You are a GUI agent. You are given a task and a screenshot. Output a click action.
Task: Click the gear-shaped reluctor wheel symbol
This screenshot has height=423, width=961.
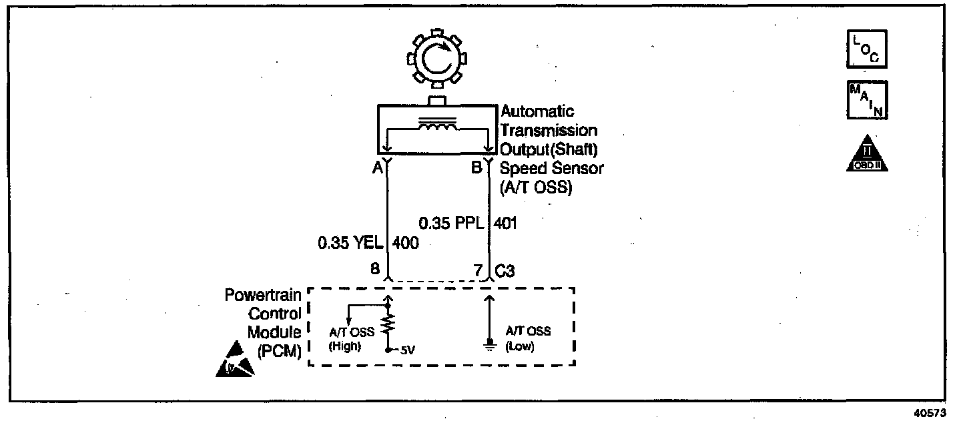point(437,61)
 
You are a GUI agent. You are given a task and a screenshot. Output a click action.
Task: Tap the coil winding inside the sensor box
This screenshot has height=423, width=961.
point(437,127)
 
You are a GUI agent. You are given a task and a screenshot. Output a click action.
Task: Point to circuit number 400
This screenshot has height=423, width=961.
point(406,244)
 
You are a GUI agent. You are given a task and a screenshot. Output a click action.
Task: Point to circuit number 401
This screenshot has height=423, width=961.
point(505,222)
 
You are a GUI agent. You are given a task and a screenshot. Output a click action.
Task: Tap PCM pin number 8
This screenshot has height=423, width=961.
point(375,270)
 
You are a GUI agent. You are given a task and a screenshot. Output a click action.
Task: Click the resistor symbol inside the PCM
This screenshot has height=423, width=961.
point(389,324)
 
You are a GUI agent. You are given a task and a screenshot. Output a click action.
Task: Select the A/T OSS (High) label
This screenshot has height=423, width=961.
point(345,339)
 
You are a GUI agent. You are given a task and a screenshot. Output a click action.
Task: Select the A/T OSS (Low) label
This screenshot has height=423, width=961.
point(527,339)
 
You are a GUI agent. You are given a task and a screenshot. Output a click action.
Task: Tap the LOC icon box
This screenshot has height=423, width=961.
point(867,49)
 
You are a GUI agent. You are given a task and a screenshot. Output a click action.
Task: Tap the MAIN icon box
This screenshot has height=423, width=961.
point(867,101)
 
